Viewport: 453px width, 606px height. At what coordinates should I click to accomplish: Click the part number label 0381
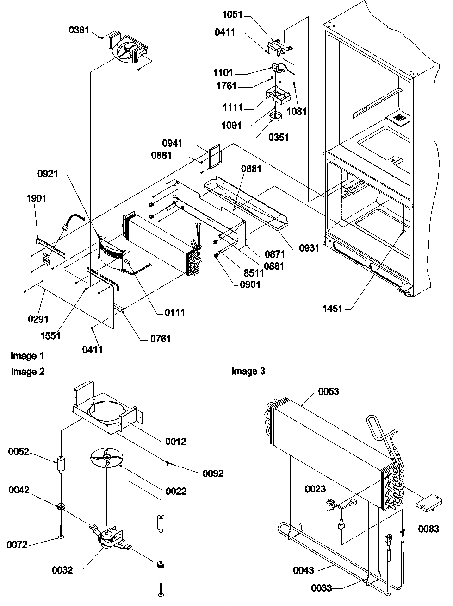pyautogui.click(x=79, y=30)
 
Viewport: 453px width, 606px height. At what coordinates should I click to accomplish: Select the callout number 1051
pyautogui.click(x=232, y=15)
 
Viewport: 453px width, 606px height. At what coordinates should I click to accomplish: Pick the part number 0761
pyautogui.click(x=160, y=339)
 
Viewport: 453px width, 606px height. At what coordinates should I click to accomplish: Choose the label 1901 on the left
pyautogui.click(x=36, y=198)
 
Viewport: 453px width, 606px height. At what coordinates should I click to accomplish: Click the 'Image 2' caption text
pyautogui.click(x=28, y=372)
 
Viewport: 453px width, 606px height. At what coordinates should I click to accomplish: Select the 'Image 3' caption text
pyautogui.click(x=248, y=372)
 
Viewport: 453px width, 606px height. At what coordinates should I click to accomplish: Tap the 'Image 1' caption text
pyautogui.click(x=28, y=356)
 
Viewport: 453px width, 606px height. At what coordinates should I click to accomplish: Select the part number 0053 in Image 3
pyautogui.click(x=329, y=391)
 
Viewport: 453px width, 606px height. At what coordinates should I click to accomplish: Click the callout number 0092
pyautogui.click(x=213, y=473)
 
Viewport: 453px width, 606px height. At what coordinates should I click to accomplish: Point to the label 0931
pyautogui.click(x=309, y=248)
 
